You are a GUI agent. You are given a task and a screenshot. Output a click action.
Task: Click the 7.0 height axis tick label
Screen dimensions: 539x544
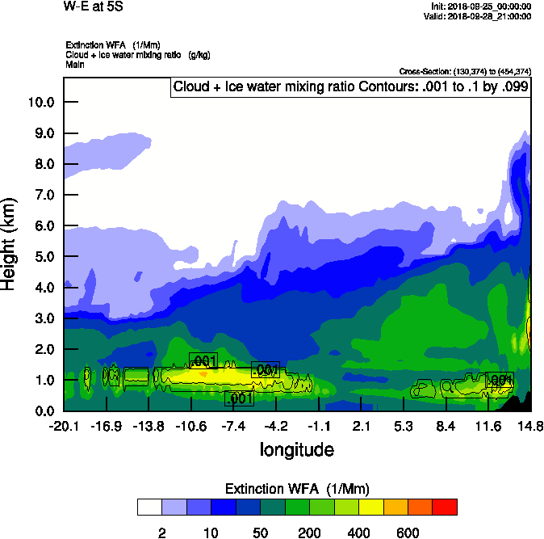point(42,195)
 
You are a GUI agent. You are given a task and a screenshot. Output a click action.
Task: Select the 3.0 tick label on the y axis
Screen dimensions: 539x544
point(42,318)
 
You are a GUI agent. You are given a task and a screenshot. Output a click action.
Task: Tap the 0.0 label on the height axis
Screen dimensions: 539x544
point(42,411)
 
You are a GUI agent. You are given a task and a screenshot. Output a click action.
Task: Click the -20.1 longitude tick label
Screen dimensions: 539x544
point(63,426)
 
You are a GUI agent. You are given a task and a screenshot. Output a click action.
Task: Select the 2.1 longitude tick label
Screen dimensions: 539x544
point(361,426)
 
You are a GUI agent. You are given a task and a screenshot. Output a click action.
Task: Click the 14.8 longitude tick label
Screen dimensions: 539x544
point(530,426)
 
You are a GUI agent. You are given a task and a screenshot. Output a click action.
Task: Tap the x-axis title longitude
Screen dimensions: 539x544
point(296,448)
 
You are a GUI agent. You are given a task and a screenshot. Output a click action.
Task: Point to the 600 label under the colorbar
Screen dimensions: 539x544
point(408,533)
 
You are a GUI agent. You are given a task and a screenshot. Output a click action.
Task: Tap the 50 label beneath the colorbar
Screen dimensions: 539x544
point(261,533)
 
